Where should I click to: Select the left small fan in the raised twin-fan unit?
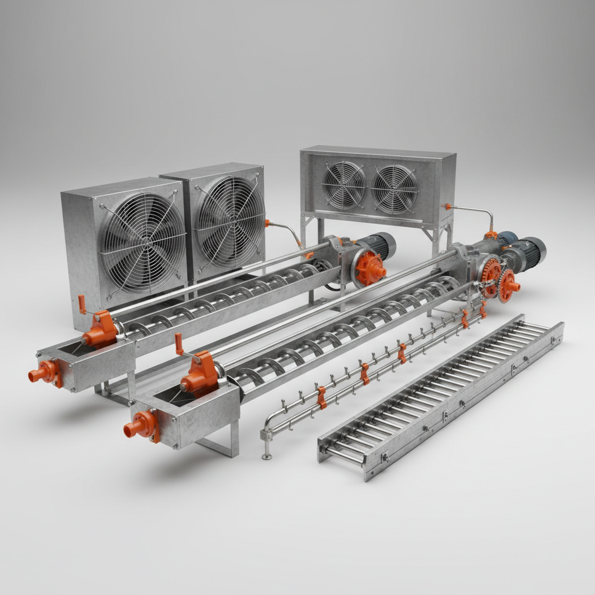pyautogui.click(x=344, y=184)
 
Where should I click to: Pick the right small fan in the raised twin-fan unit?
pyautogui.click(x=395, y=189)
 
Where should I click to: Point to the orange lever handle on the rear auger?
pyautogui.click(x=82, y=304)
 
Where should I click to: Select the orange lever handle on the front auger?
pyautogui.click(x=179, y=344)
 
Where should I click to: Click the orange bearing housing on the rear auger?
pyautogui.click(x=101, y=329)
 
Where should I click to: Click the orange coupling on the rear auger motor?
pyautogui.click(x=370, y=268)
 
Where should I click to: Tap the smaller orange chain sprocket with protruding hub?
pyautogui.click(x=509, y=285)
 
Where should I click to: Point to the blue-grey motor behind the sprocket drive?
pyautogui.click(x=506, y=238)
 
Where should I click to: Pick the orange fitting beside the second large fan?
pyautogui.click(x=267, y=223)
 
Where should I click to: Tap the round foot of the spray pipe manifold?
pyautogui.click(x=267, y=456)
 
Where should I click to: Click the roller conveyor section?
pyautogui.click(x=442, y=395)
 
